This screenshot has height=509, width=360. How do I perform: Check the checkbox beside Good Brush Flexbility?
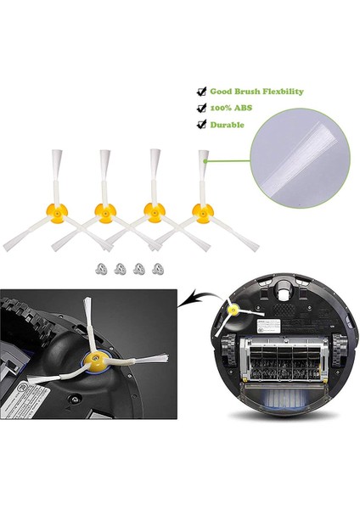coord(201,92)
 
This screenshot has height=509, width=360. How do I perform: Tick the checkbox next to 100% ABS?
coord(201,108)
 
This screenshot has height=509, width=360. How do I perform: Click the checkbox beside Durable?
coord(201,124)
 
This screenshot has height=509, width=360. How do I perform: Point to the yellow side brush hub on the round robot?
coord(231,313)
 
